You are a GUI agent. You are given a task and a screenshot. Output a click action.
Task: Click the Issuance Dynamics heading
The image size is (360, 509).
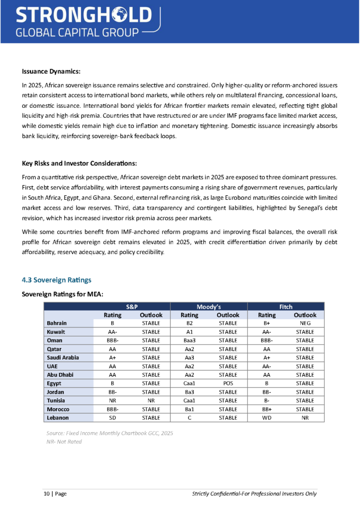tap(51, 71)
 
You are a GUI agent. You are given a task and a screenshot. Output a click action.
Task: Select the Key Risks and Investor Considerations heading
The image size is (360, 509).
tap(79, 163)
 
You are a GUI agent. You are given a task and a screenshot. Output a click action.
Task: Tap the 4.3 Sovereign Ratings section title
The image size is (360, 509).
tap(56, 280)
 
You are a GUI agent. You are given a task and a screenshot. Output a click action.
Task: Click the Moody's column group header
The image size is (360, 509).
tap(209, 307)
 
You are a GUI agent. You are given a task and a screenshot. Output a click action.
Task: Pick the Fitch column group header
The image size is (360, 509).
tap(285, 307)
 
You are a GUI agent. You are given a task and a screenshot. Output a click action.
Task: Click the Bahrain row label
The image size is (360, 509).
tap(57, 323)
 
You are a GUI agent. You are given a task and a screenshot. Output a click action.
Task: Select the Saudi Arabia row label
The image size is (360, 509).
tap(63, 357)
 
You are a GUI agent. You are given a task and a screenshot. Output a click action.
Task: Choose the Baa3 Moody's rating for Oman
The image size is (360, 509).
tap(189, 340)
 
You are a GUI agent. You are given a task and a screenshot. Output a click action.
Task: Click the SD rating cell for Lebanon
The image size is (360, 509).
tap(112, 418)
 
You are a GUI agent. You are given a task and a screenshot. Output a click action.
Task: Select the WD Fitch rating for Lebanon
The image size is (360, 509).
tap(267, 418)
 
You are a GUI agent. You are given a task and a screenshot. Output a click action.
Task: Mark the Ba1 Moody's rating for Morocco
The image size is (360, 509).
tap(189, 409)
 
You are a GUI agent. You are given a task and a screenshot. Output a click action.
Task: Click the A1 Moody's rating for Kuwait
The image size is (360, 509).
tap(189, 332)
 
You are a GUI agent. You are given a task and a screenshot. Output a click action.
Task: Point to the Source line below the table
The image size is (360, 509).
tap(109, 433)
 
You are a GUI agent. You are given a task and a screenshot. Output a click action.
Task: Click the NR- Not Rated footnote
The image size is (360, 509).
tap(64, 441)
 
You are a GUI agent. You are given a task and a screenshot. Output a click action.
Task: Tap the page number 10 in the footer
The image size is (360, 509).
tap(46, 494)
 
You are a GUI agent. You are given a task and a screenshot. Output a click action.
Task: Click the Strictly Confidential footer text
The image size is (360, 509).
tap(254, 494)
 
